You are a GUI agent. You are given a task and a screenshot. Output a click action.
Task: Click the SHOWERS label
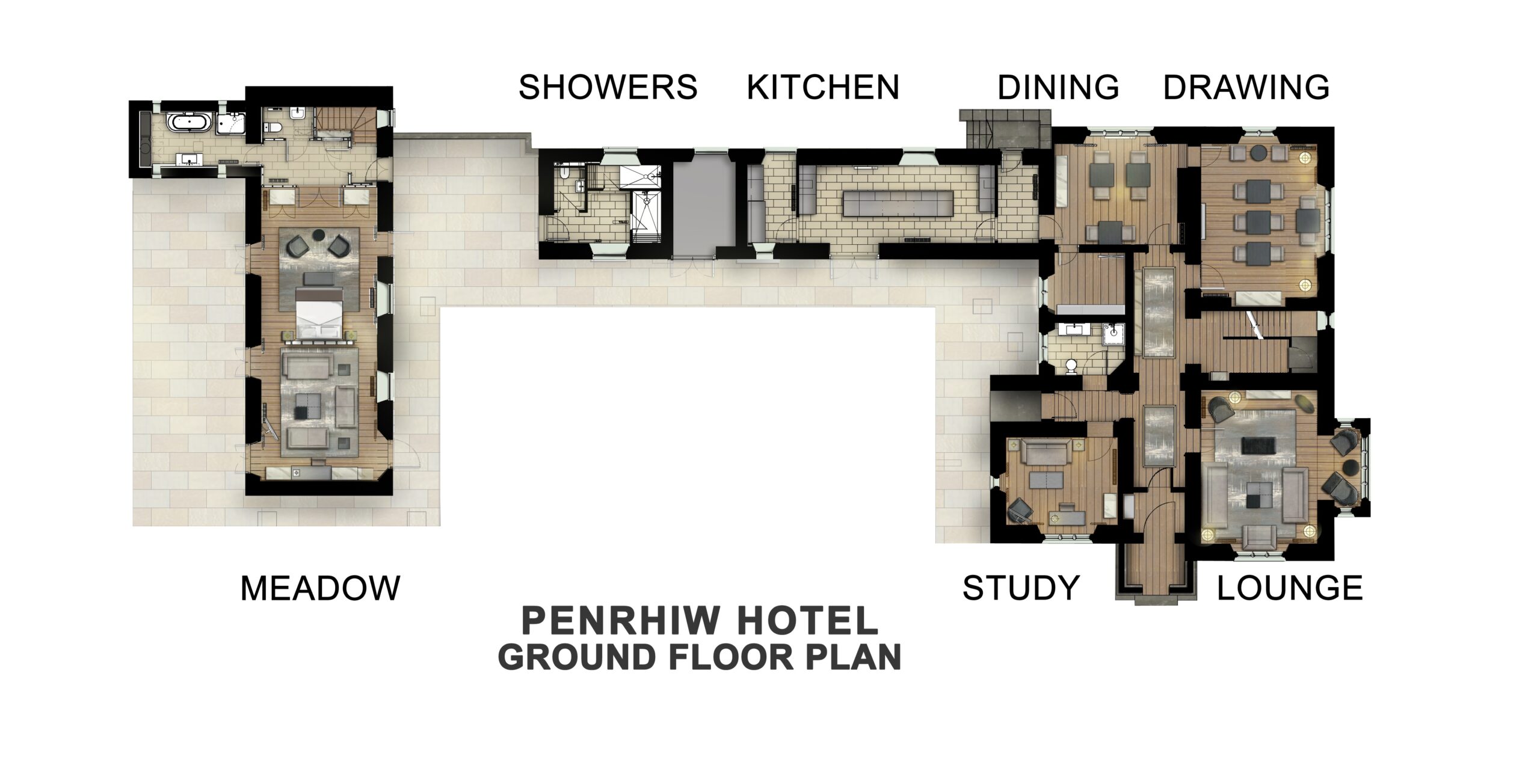point(608,88)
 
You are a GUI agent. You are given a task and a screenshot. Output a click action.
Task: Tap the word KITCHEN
point(822,88)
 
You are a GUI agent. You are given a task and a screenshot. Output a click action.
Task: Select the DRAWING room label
point(1246,88)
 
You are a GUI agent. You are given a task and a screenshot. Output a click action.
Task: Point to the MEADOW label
point(320,588)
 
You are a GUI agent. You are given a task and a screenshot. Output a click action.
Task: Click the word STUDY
point(1021,588)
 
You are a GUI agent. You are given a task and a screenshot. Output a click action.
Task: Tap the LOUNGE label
point(1290,588)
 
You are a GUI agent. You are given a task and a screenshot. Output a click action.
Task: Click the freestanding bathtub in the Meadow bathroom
point(189,123)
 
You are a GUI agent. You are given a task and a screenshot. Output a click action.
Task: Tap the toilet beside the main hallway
point(1071,366)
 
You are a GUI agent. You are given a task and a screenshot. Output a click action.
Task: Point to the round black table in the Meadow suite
point(318,233)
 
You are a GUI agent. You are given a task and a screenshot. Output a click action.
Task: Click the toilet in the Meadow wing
point(274,127)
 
